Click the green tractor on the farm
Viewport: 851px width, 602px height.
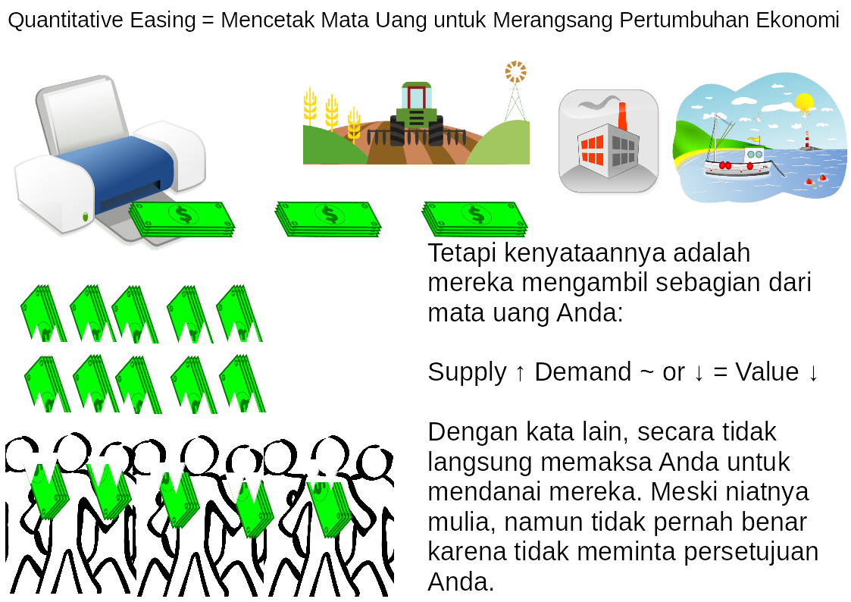click(416, 114)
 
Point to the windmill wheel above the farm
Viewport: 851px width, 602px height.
click(515, 72)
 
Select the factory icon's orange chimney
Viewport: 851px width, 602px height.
click(622, 117)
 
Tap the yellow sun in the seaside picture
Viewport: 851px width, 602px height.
click(804, 102)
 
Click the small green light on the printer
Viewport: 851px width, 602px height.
click(85, 217)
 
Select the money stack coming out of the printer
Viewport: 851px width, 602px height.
click(182, 219)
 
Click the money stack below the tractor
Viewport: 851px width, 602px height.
click(474, 219)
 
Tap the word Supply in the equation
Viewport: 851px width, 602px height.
click(467, 373)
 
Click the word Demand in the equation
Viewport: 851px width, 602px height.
click(583, 372)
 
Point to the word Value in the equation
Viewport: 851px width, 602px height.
click(767, 372)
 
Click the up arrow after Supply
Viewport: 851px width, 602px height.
click(520, 374)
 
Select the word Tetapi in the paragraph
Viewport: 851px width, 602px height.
click(461, 253)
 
